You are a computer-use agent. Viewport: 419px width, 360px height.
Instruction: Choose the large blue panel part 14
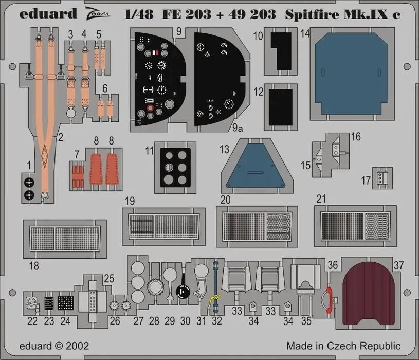(x=350, y=61)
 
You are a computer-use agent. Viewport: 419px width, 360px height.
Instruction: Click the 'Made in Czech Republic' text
(x=343, y=346)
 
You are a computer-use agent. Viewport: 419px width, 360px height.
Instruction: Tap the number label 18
(x=34, y=266)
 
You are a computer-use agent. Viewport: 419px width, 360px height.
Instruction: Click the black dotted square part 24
(x=65, y=303)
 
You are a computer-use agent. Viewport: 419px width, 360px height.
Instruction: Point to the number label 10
(x=258, y=36)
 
